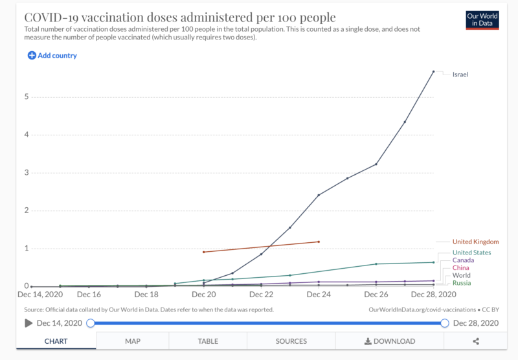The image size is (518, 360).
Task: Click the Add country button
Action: coord(52,56)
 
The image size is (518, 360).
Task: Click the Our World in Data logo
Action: coord(482,19)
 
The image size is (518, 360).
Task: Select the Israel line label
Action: coord(460,74)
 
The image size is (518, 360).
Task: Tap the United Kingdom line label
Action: coord(475,242)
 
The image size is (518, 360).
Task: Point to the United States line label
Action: coord(471,253)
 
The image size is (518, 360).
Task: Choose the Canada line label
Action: coord(463,260)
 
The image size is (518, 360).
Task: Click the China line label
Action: coord(461,268)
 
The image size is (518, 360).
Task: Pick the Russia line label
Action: coord(462,283)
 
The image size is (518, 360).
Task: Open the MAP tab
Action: coord(133,341)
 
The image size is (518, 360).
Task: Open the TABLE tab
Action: coord(208,341)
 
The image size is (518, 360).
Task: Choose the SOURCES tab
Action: coord(291,341)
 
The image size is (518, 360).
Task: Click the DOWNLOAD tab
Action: coord(389,341)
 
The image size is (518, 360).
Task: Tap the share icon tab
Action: coord(476,341)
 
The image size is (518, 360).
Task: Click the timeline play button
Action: coord(28,323)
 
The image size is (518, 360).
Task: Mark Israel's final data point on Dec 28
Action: coord(433,71)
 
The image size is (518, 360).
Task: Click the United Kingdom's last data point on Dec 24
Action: coord(319,242)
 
